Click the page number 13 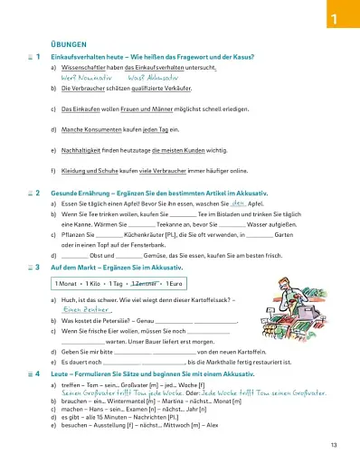pyautogui.click(x=334, y=445)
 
